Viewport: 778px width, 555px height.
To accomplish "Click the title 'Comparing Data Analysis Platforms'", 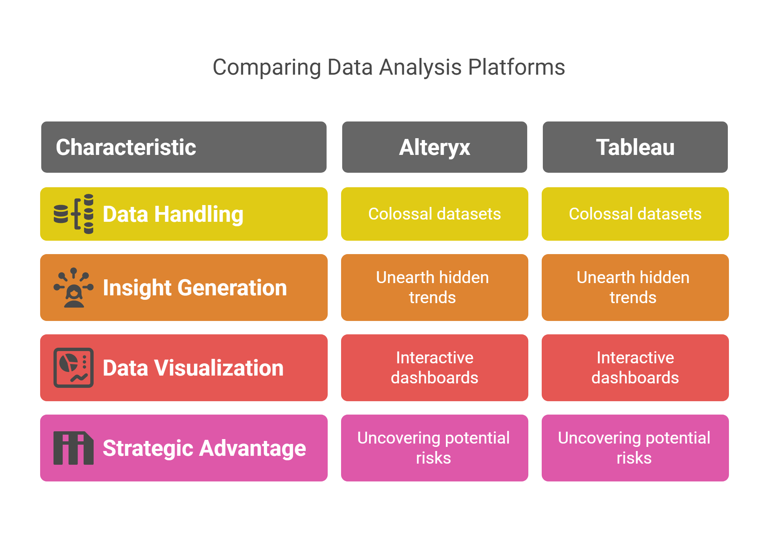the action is [389, 67].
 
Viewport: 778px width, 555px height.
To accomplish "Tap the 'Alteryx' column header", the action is [434, 147].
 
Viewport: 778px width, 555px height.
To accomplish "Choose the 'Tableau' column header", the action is [635, 147].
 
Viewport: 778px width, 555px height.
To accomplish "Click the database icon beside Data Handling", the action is [74, 214].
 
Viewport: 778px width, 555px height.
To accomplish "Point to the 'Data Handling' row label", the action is [173, 214].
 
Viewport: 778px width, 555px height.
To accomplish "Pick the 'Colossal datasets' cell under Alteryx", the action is [434, 214].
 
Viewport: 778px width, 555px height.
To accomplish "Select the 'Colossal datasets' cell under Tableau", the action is [635, 214].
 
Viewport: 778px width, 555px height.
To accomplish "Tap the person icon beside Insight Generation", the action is [74, 287].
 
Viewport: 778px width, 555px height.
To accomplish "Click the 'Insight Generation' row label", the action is [195, 288].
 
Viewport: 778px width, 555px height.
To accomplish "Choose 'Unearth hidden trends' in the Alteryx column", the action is [432, 287].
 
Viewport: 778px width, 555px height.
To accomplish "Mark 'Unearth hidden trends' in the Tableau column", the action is [633, 287].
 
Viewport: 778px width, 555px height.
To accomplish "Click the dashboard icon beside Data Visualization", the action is [74, 368].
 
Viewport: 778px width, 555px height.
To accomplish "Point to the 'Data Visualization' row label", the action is [193, 368].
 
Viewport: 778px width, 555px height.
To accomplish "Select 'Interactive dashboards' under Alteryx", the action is [434, 367].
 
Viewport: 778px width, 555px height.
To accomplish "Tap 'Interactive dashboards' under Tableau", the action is [635, 367].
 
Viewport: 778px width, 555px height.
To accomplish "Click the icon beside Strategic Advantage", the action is [74, 448].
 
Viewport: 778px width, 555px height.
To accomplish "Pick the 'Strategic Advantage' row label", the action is [204, 448].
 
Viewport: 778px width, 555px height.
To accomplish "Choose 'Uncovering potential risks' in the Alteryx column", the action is [433, 448].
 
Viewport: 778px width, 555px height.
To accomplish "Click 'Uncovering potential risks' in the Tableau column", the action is [634, 448].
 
